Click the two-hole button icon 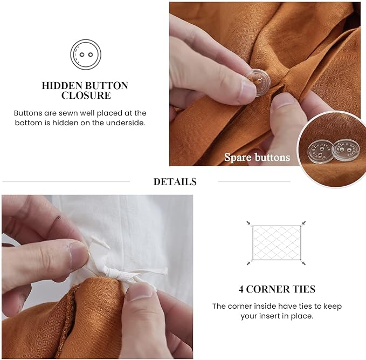(x=86, y=55)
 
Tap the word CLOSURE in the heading (x=86, y=96)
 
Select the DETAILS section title (x=175, y=182)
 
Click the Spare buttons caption (x=257, y=158)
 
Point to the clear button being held (x=257, y=81)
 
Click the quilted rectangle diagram (x=277, y=242)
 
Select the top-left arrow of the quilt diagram (x=249, y=223)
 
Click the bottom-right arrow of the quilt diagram (x=303, y=263)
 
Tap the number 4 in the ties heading (x=241, y=289)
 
